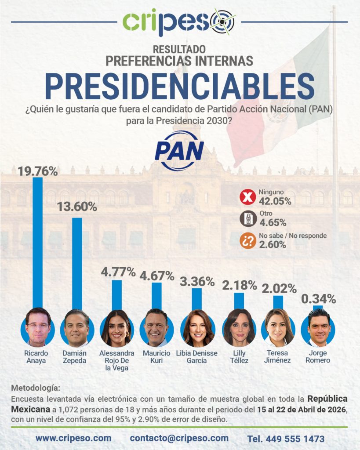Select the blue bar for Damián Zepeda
click(77, 264)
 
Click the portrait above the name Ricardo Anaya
click(38, 328)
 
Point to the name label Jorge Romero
click(319, 357)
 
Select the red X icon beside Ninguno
click(247, 197)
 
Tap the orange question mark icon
click(247, 240)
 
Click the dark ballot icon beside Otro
click(247, 218)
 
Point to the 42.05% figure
click(275, 201)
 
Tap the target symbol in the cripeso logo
click(222, 21)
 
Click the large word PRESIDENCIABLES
click(180, 86)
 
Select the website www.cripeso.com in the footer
click(73, 438)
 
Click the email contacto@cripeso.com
click(179, 438)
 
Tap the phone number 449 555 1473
click(286, 439)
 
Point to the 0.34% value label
click(319, 299)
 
